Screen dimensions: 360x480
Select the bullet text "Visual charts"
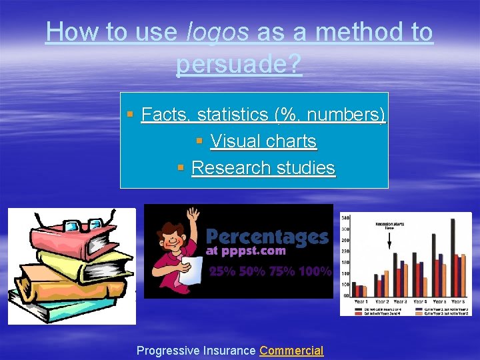point(263,141)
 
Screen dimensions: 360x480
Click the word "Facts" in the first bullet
point(163,115)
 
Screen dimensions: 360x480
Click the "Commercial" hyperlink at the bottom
point(291,351)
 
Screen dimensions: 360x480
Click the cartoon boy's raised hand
point(193,215)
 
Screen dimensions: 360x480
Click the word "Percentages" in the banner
point(267,237)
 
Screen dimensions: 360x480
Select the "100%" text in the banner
point(315,271)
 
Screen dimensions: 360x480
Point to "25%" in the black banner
point(222,271)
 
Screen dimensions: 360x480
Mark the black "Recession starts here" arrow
point(389,240)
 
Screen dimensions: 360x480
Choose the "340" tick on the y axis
point(345,218)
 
